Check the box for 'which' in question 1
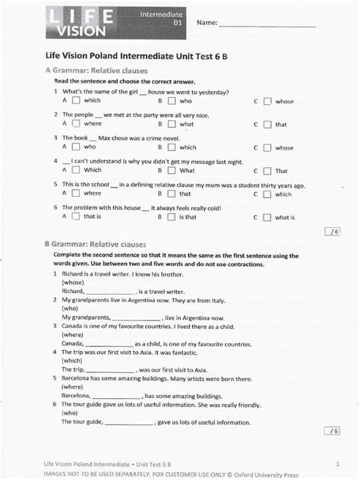coord(76,100)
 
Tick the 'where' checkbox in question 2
coord(76,123)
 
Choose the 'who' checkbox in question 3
coord(76,147)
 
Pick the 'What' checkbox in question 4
coord(171,170)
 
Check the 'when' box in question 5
coord(171,194)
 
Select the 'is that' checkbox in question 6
coord(171,216)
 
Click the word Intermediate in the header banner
coord(163,14)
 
